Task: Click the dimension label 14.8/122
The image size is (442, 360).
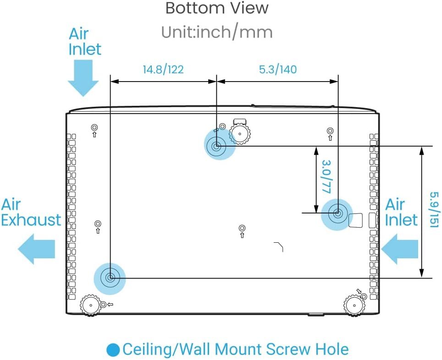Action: tap(163, 69)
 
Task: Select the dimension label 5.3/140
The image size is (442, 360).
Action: tap(278, 69)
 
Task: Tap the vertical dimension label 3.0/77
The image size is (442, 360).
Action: tap(326, 177)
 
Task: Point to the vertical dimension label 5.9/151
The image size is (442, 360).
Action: tap(434, 210)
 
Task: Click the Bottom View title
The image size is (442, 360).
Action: tap(217, 8)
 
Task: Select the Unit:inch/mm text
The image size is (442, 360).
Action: tap(217, 32)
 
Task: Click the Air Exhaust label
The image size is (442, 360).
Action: tap(31, 212)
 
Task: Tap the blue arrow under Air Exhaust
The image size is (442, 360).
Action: tap(37, 249)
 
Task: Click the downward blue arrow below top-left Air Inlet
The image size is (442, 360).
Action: tap(83, 78)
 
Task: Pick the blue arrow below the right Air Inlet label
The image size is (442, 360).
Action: tap(399, 249)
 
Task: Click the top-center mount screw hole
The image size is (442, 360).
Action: tap(216, 147)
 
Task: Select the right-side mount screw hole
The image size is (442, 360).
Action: tap(338, 213)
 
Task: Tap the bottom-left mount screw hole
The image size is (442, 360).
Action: tap(110, 278)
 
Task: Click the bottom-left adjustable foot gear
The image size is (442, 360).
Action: tap(90, 305)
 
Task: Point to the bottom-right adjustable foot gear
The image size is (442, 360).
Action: tap(354, 305)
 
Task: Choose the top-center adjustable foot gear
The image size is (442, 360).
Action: tap(240, 134)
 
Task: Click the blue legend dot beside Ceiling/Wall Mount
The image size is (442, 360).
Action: tap(113, 349)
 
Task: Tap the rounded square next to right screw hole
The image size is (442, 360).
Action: tap(356, 220)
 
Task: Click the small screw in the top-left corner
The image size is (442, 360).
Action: tap(94, 127)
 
